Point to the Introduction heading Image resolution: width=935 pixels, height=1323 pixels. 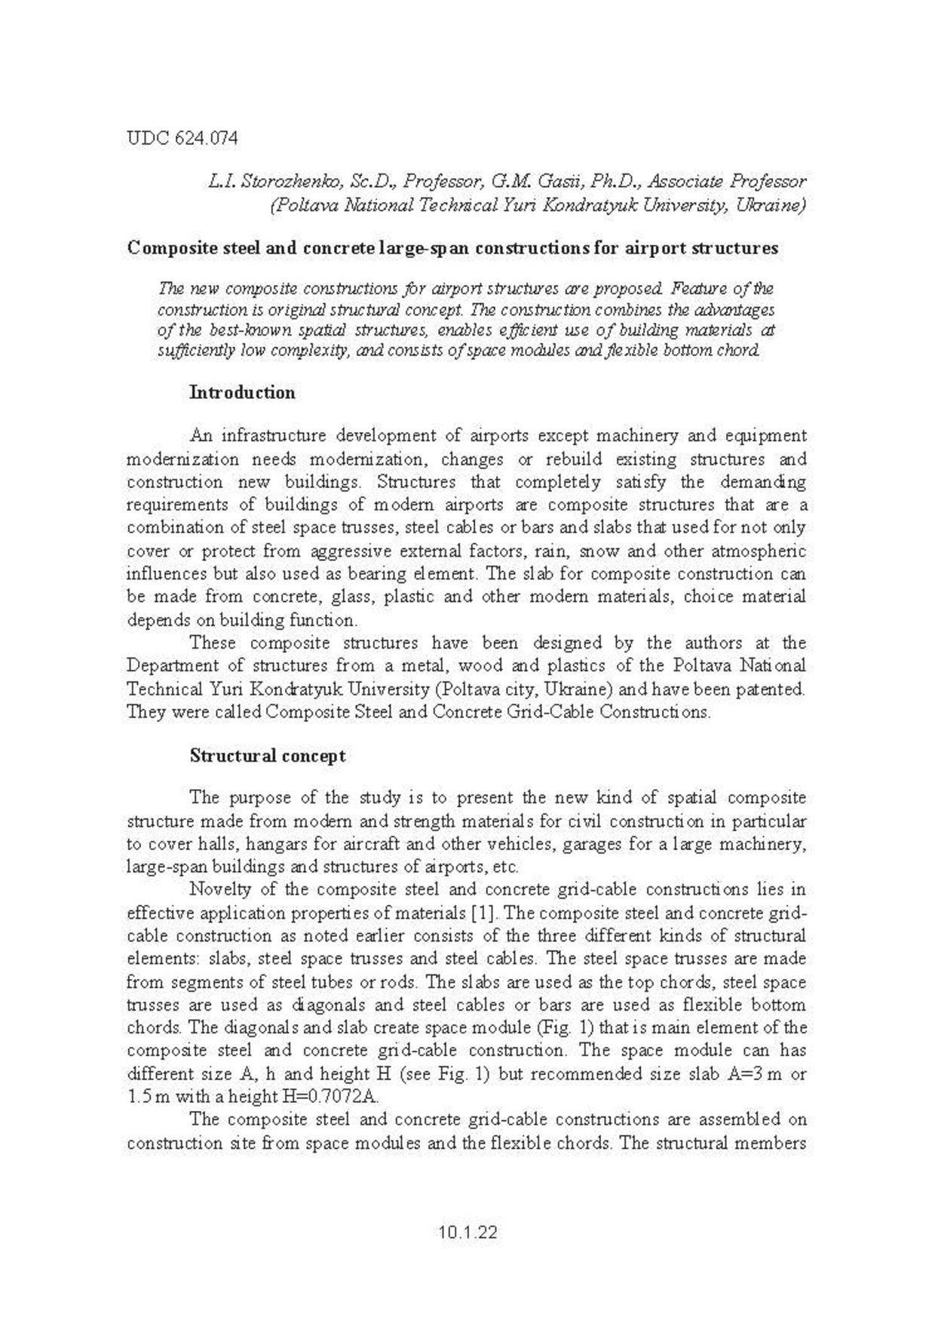coord(242,392)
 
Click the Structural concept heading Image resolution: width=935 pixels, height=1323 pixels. coord(268,756)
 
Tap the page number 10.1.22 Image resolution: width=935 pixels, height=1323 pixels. coord(467,1232)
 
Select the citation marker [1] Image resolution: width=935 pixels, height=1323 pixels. coord(482,913)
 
